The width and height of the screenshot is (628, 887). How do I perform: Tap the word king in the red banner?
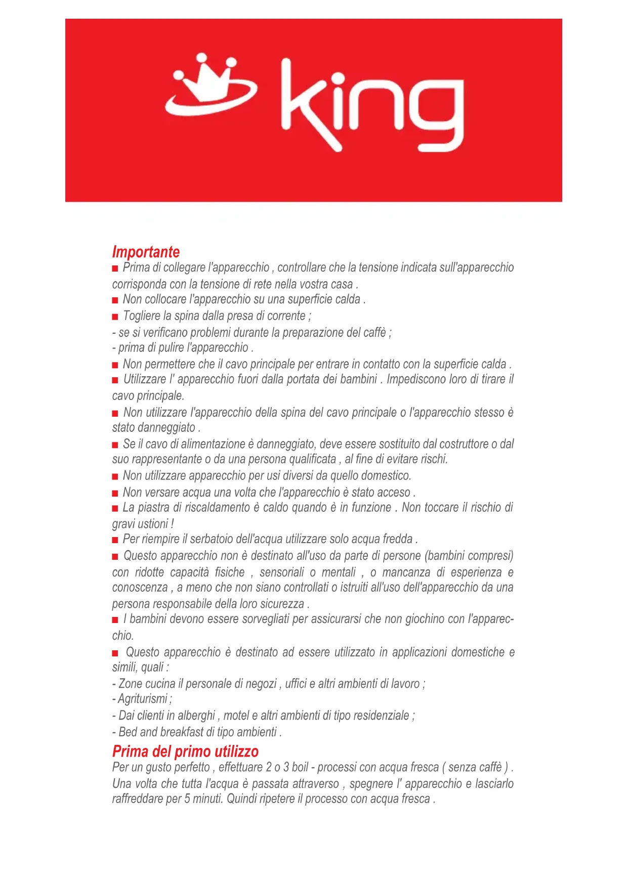click(x=372, y=105)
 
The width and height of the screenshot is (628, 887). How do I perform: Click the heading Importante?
click(x=146, y=252)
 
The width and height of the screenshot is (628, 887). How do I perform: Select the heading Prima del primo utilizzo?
click(x=185, y=751)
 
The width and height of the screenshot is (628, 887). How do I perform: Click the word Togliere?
click(x=141, y=316)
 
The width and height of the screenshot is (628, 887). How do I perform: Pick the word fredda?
click(x=397, y=539)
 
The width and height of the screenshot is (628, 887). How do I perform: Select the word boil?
click(x=300, y=767)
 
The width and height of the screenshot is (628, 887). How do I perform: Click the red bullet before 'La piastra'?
click(x=115, y=508)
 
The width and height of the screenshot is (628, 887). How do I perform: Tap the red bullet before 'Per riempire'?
click(x=115, y=540)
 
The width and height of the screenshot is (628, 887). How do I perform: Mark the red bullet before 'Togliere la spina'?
click(x=115, y=317)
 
